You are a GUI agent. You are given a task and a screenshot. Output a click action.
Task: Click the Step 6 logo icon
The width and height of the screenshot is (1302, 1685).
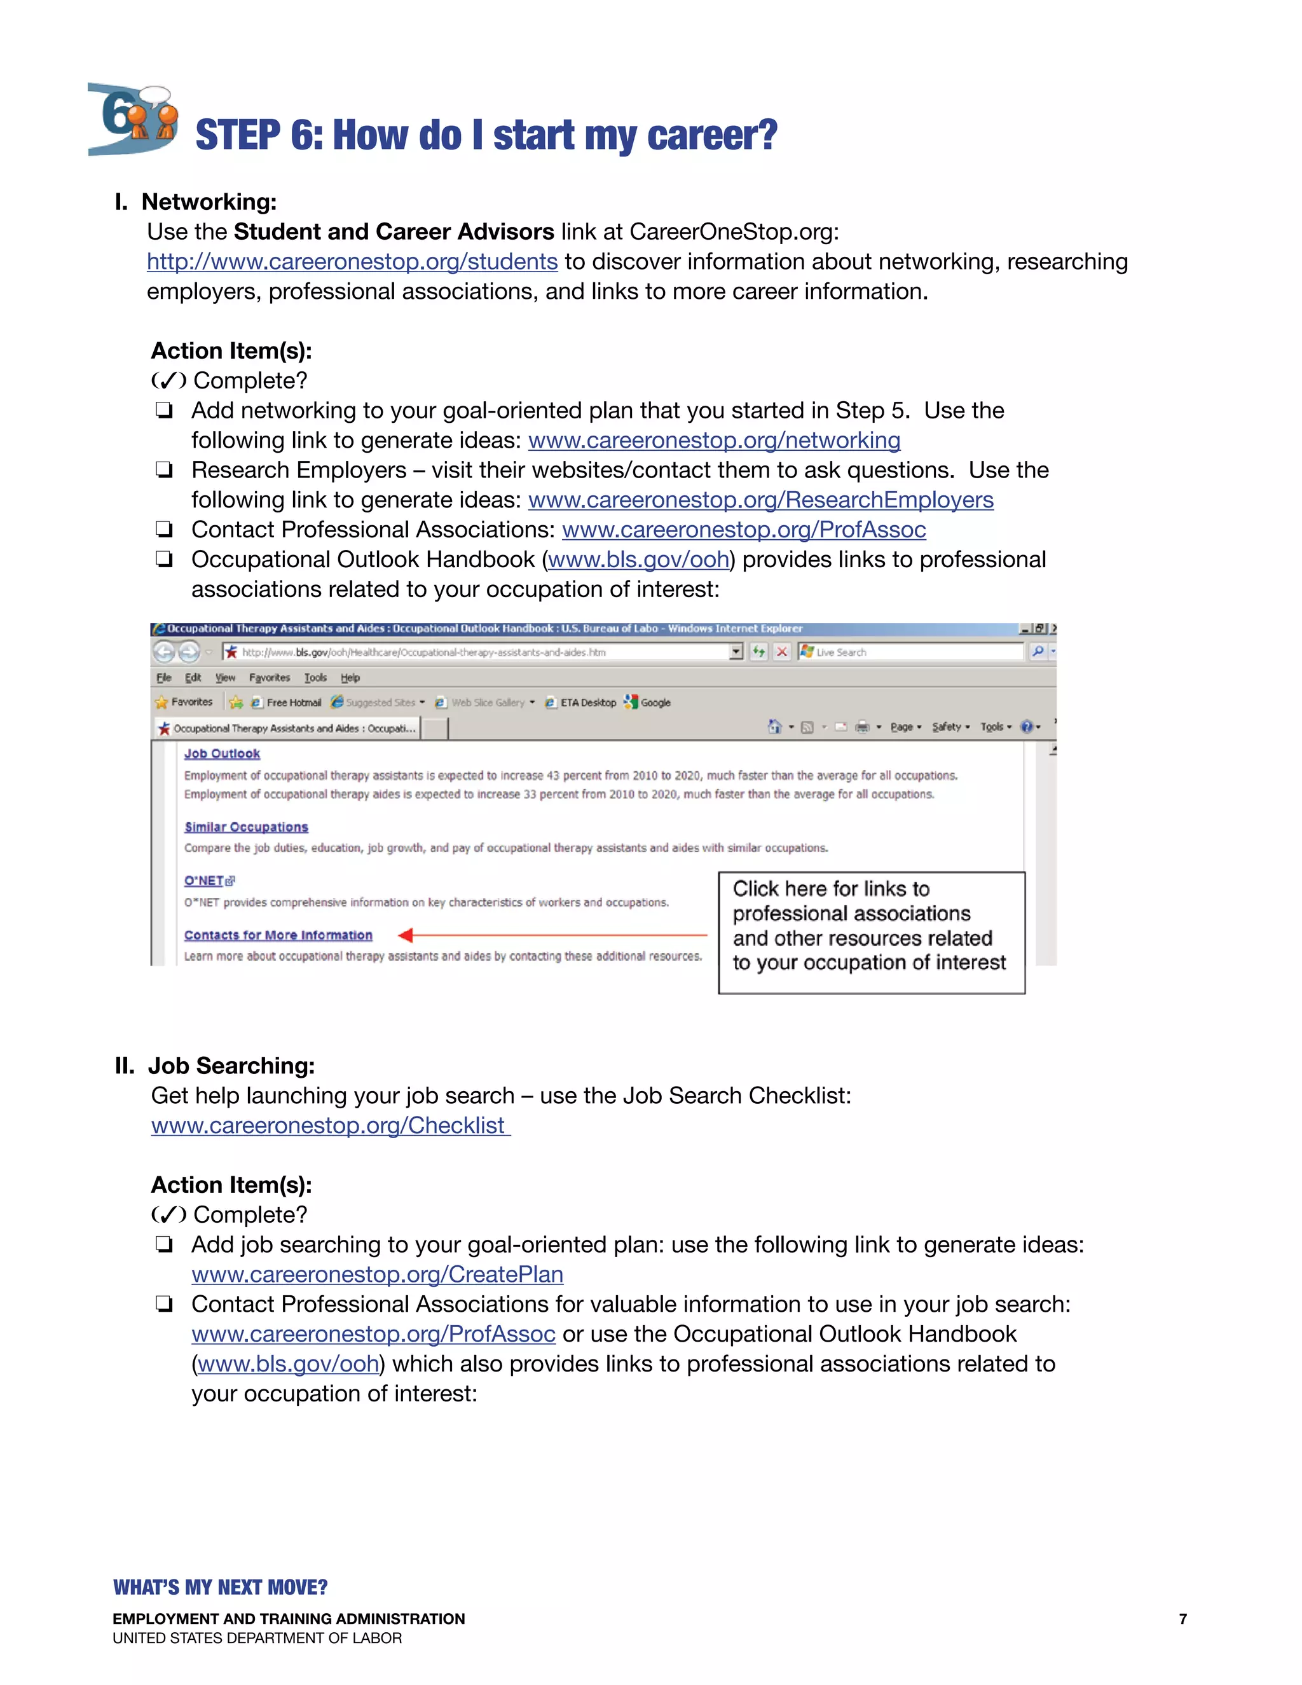click(x=133, y=120)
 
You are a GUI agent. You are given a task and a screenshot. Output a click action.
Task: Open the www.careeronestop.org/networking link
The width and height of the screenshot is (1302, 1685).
click(x=713, y=441)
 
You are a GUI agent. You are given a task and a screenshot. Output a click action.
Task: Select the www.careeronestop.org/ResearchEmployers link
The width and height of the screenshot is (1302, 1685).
click(x=760, y=500)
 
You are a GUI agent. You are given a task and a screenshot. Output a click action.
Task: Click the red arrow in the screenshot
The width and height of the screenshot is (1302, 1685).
click(x=551, y=935)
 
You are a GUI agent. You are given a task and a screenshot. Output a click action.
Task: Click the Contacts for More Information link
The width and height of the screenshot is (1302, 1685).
click(x=278, y=935)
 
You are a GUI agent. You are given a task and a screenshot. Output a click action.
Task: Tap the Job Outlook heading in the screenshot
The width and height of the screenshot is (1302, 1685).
click(x=221, y=753)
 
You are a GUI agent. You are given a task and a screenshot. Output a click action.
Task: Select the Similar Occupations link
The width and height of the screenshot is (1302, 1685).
click(x=245, y=827)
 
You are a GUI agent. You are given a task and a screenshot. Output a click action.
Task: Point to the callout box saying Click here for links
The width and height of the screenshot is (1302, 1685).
click(x=871, y=932)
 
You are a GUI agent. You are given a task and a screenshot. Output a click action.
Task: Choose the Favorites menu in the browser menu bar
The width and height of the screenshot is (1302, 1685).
click(x=269, y=677)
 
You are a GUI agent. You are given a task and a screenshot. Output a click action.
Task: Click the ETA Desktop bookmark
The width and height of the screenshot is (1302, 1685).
click(x=586, y=702)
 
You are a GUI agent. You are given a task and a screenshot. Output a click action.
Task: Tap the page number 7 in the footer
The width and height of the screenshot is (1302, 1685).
click(x=1182, y=1619)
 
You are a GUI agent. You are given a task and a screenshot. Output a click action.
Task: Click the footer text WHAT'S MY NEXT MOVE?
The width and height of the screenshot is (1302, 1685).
click(x=220, y=1587)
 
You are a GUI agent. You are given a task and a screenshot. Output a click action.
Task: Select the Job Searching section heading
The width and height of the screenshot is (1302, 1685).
click(x=231, y=1066)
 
